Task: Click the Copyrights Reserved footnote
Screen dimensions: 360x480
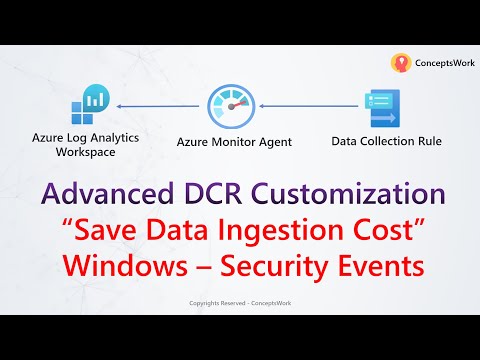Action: pyautogui.click(x=239, y=303)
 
